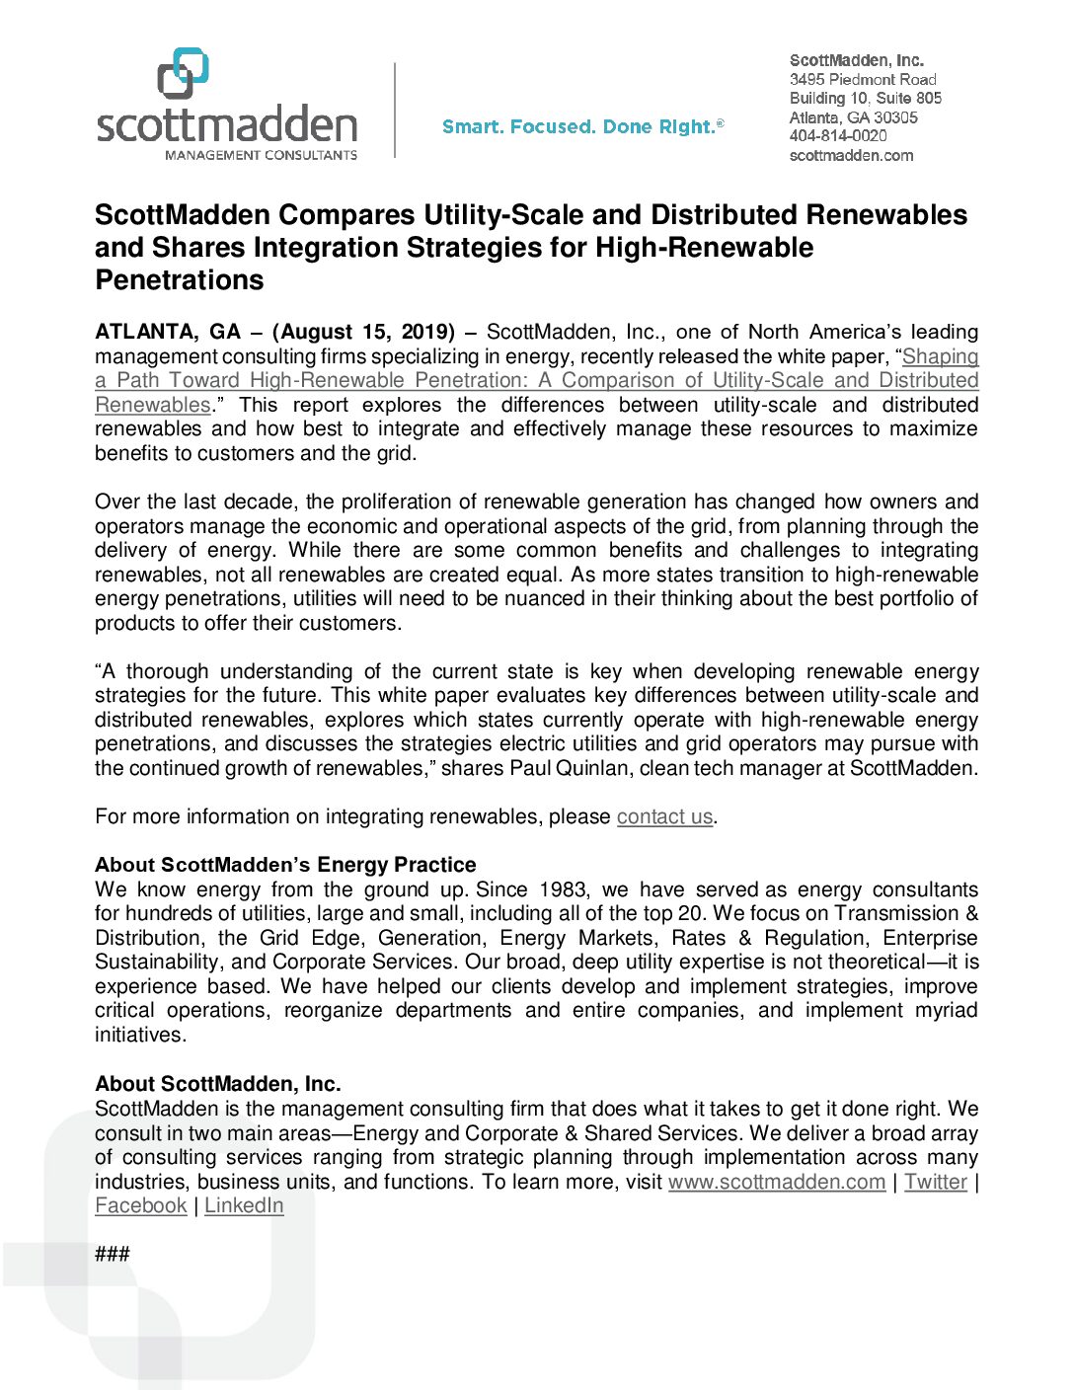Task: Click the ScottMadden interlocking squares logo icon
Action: pyautogui.click(x=184, y=73)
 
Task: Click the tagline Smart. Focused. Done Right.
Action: pyautogui.click(x=582, y=126)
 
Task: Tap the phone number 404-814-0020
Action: pyautogui.click(x=838, y=136)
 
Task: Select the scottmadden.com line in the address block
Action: pyautogui.click(x=851, y=155)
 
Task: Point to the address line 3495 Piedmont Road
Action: pyautogui.click(x=863, y=79)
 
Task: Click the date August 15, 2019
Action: pyautogui.click(x=363, y=332)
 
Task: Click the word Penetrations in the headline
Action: pyautogui.click(x=180, y=280)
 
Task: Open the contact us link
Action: pyautogui.click(x=664, y=816)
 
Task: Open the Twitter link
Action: pyautogui.click(x=935, y=1182)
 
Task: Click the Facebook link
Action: pyautogui.click(x=141, y=1205)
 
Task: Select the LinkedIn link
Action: pyautogui.click(x=244, y=1205)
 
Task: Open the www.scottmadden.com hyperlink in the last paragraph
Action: pyautogui.click(x=776, y=1182)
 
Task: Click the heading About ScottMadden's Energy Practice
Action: pyautogui.click(x=285, y=865)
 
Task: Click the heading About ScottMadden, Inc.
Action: pyautogui.click(x=218, y=1084)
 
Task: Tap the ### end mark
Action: pyautogui.click(x=113, y=1254)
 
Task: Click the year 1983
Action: pyautogui.click(x=563, y=889)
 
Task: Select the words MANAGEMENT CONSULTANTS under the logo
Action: pyautogui.click(x=261, y=155)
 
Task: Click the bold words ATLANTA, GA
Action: pyautogui.click(x=168, y=332)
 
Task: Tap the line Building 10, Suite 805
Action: pyautogui.click(x=866, y=98)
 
